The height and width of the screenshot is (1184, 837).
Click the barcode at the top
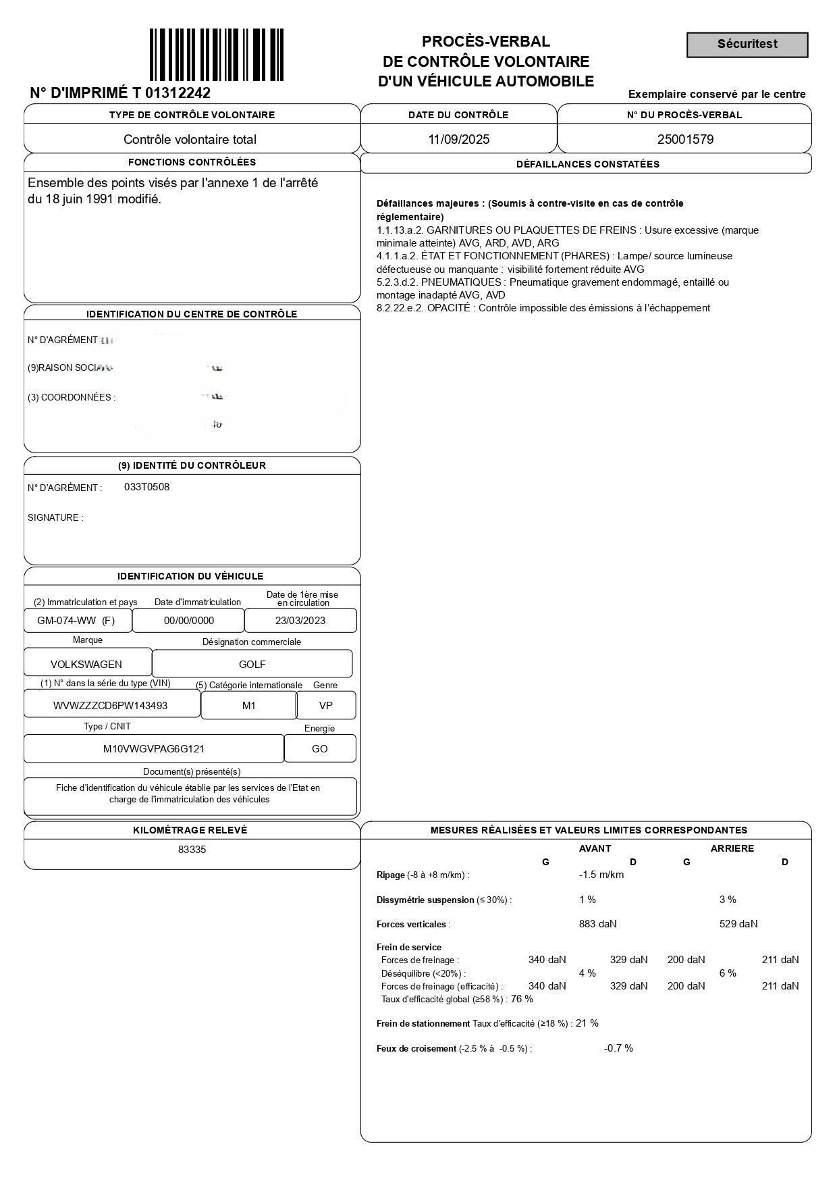pyautogui.click(x=216, y=55)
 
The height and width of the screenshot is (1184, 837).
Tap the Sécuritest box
pyautogui.click(x=747, y=45)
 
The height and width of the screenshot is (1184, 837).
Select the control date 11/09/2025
pyautogui.click(x=459, y=140)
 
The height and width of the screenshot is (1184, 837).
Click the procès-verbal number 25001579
pyautogui.click(x=685, y=140)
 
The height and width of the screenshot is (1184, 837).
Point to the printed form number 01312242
pyautogui.click(x=178, y=93)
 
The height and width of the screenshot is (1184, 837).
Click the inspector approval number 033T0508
pyautogui.click(x=146, y=487)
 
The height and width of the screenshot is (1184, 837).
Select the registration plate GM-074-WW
pyautogui.click(x=67, y=621)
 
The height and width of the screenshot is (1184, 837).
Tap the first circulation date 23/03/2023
pyautogui.click(x=300, y=621)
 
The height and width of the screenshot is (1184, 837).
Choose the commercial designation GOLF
pyautogui.click(x=252, y=665)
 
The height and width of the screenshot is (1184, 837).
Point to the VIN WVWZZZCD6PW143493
pyautogui.click(x=110, y=706)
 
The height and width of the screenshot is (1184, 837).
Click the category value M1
pyautogui.click(x=249, y=706)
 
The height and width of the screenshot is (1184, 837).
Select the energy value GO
pyautogui.click(x=320, y=749)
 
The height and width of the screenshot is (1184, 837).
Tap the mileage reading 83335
pyautogui.click(x=192, y=850)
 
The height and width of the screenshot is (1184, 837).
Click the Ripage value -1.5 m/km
pyautogui.click(x=601, y=875)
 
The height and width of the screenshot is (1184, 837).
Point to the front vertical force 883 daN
pyautogui.click(x=597, y=924)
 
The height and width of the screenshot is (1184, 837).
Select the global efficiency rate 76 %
pyautogui.click(x=522, y=999)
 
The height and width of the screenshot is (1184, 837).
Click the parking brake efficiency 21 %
pyautogui.click(x=587, y=1023)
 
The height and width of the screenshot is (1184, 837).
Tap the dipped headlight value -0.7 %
pyautogui.click(x=618, y=1048)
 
